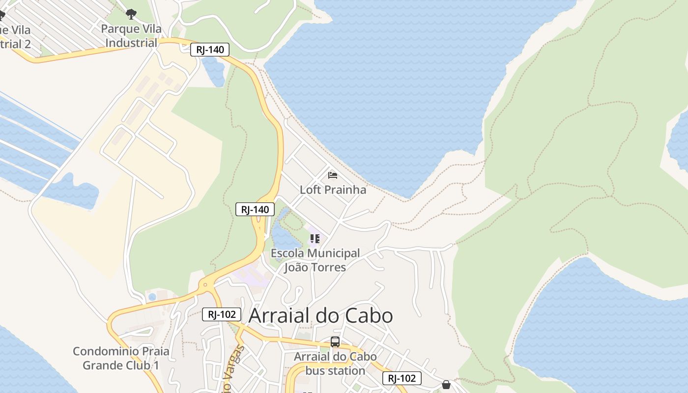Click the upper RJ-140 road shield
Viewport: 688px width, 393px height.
(210, 49)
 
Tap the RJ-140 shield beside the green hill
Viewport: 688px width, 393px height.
(255, 210)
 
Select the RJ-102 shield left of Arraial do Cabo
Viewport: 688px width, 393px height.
(222, 314)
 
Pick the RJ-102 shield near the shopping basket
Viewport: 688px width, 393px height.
(402, 378)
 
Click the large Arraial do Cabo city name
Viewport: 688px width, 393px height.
(321, 315)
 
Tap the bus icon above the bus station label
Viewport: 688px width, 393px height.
(335, 342)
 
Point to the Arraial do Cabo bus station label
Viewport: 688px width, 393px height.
(335, 364)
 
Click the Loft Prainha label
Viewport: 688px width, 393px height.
(333, 190)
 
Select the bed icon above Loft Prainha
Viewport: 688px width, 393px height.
(333, 175)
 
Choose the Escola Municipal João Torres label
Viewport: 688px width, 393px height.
(315, 260)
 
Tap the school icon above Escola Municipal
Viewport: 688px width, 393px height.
(315, 239)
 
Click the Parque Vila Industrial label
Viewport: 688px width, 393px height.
(131, 36)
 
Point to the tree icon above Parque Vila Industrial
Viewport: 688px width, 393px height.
(131, 14)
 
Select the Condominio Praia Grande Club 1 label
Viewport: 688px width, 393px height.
(121, 358)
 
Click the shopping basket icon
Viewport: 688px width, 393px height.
(446, 384)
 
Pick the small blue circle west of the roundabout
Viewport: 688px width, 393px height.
(152, 297)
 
